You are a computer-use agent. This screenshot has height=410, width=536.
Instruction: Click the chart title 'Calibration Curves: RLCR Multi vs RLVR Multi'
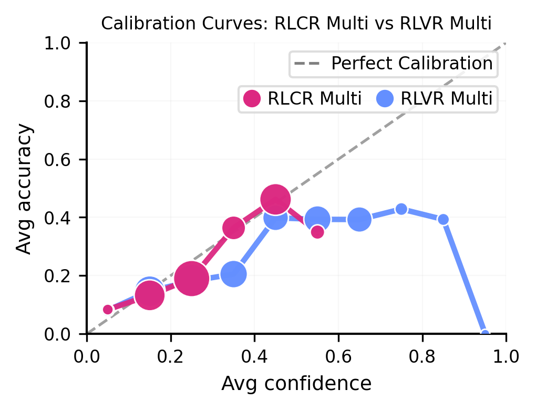[x=296, y=24]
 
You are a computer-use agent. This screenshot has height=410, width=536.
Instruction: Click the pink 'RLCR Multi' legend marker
[x=252, y=98]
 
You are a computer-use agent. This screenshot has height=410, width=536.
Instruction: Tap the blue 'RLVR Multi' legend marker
[x=386, y=98]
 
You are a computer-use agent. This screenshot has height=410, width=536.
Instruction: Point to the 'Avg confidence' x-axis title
[x=296, y=384]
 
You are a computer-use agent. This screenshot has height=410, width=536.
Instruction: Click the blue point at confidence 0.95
[x=485, y=334]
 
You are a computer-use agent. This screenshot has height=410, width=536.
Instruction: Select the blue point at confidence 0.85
[x=443, y=219]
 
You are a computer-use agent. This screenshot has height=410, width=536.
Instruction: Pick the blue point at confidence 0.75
[x=401, y=209]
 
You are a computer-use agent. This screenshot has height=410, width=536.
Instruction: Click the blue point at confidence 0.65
[x=359, y=219]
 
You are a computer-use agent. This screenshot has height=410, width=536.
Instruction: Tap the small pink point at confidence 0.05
[x=108, y=310]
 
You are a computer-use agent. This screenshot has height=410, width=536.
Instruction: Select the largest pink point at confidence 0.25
[x=192, y=279]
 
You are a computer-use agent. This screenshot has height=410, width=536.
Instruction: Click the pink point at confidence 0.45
[x=275, y=199]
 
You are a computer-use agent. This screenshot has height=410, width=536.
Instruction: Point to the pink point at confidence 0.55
[x=317, y=232]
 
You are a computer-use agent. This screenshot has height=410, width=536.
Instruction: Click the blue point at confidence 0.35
[x=234, y=274]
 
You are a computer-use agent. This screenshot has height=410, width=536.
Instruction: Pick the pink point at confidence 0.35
[x=234, y=228]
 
